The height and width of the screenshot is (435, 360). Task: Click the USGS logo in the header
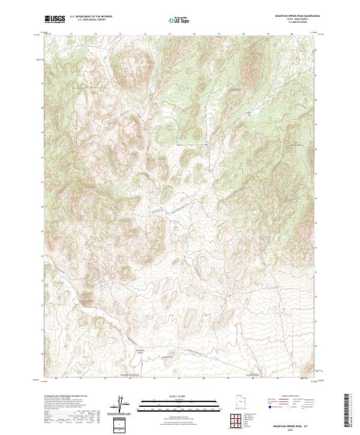tap(55, 20)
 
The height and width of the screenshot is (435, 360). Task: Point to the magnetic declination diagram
tap(121, 405)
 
